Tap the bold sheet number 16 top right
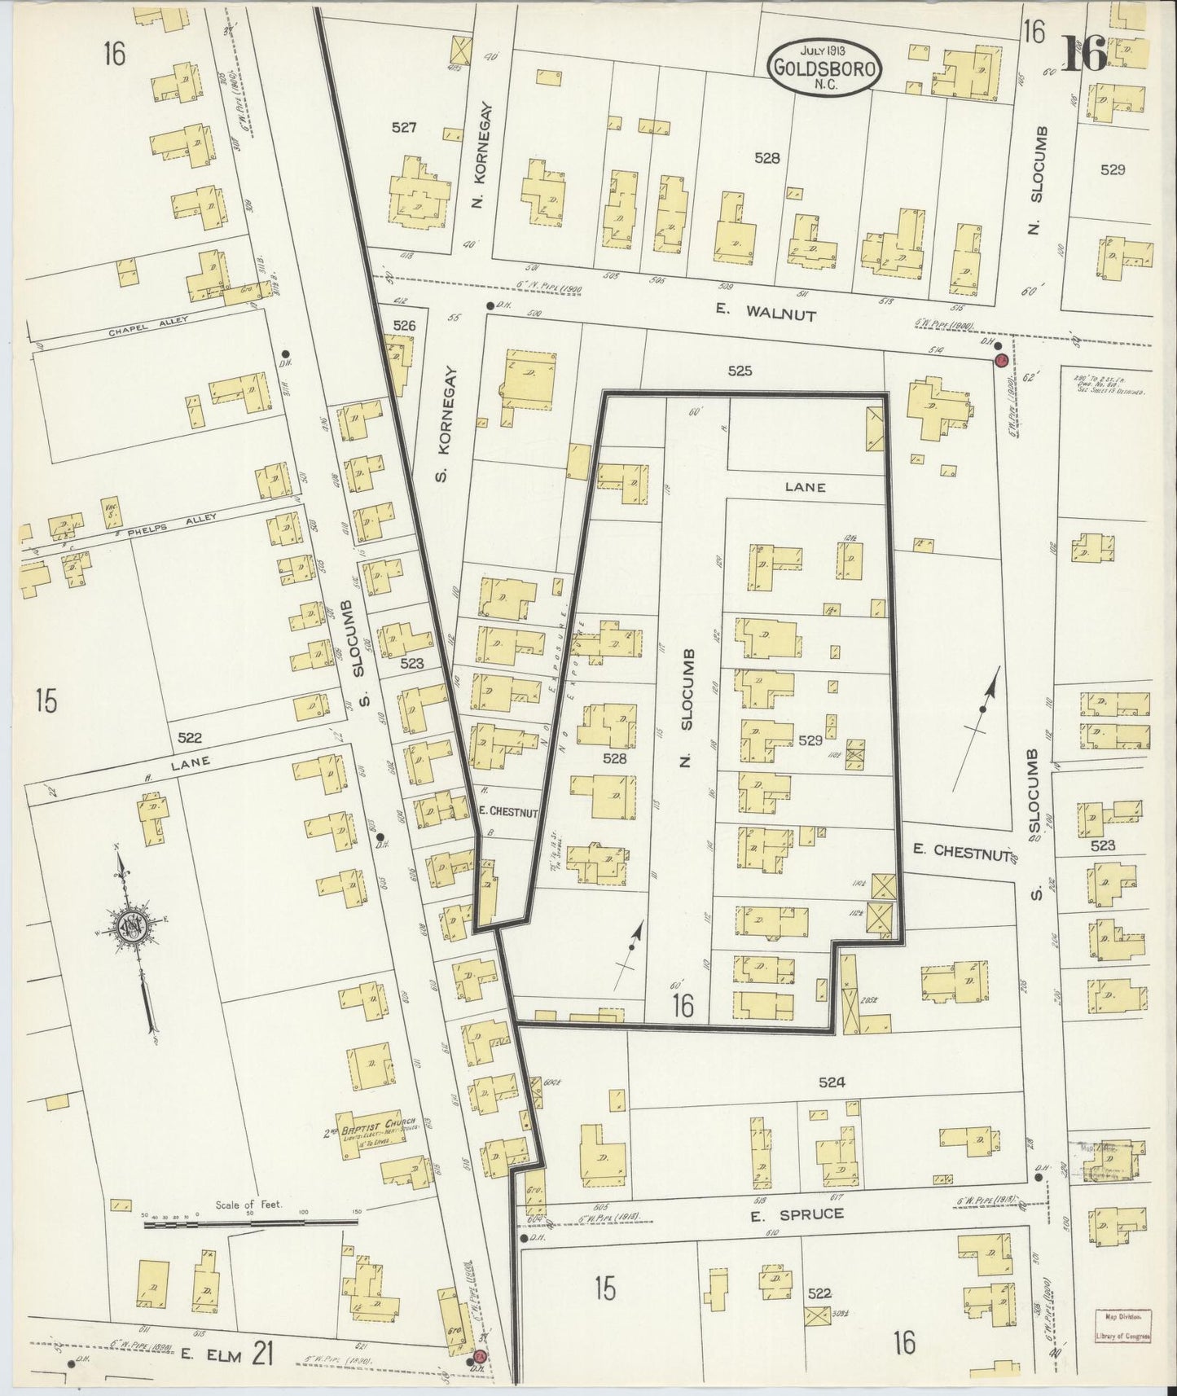click(1084, 55)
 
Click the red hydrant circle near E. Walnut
click(1002, 360)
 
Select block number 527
click(404, 128)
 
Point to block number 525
click(740, 371)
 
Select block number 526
click(404, 325)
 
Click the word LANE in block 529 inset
click(805, 487)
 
